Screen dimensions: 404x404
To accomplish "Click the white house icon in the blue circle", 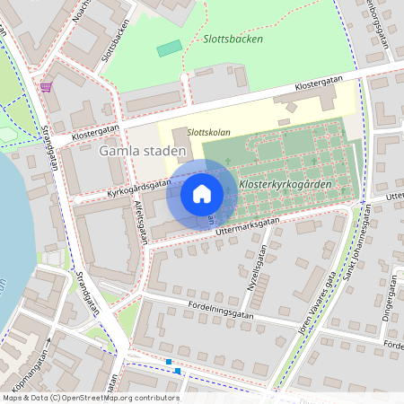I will (x=202, y=193).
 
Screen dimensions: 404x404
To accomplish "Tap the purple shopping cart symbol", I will (x=46, y=86).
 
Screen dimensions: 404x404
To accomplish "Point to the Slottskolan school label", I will (x=208, y=133).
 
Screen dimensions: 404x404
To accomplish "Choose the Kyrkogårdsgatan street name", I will (x=138, y=187).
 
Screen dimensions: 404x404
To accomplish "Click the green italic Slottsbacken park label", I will (x=233, y=40).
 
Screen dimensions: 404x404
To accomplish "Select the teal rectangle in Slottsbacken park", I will (x=169, y=48).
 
